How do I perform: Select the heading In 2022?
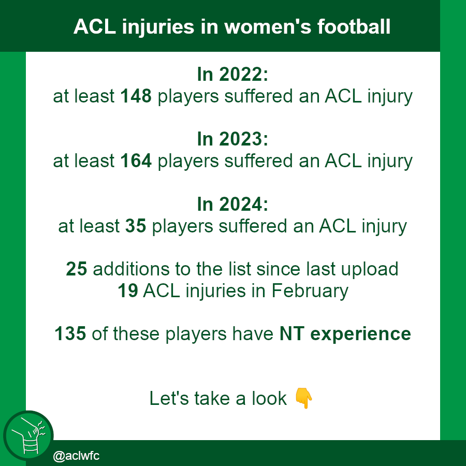(x=232, y=75)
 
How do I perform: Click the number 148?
(x=136, y=97)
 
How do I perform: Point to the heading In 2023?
(x=232, y=140)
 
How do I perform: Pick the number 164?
(x=136, y=162)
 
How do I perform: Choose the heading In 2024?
(x=232, y=205)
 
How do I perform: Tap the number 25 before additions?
(x=77, y=269)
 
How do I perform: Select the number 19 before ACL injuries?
(x=128, y=291)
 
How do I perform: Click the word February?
(x=310, y=291)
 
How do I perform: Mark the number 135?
(x=70, y=334)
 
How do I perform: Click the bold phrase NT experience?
(x=345, y=334)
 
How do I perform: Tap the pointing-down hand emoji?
(x=304, y=399)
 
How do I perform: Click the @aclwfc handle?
(x=76, y=456)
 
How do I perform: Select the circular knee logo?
(x=28, y=435)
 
